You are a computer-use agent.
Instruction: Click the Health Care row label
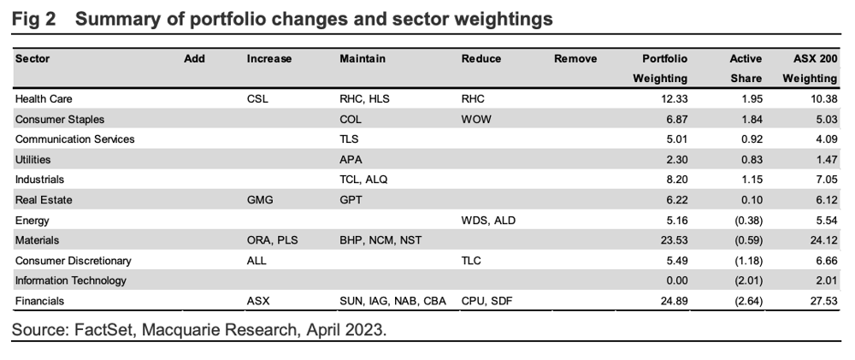click(44, 99)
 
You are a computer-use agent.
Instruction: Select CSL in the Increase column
click(257, 99)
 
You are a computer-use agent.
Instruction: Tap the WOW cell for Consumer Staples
click(476, 120)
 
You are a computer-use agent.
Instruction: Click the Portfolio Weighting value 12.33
click(673, 99)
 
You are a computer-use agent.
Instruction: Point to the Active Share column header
click(746, 68)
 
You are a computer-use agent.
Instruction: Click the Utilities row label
click(32, 160)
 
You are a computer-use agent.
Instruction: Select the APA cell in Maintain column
click(351, 160)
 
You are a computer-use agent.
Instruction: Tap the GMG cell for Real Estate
click(260, 200)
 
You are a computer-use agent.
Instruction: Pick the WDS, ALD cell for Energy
click(488, 221)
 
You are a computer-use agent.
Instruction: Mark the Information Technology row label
click(71, 281)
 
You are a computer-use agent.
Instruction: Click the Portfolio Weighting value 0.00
click(675, 281)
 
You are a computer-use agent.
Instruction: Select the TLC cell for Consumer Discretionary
click(471, 261)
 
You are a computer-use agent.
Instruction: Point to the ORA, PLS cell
click(273, 240)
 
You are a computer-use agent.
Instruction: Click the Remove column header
click(575, 59)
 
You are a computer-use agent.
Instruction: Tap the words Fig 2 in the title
click(34, 19)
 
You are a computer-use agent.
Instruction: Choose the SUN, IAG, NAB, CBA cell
click(392, 301)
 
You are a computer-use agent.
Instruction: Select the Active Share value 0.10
click(751, 200)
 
